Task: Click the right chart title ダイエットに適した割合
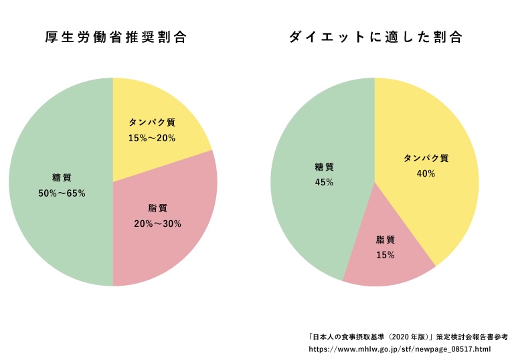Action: [x=375, y=37]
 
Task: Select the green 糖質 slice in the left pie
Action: [x=60, y=221]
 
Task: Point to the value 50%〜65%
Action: [x=62, y=193]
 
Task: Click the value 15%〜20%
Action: [x=151, y=138]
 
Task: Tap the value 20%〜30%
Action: [x=157, y=223]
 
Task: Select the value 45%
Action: [x=324, y=182]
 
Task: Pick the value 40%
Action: [x=426, y=173]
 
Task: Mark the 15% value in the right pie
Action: [x=385, y=255]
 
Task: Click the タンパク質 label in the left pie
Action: [x=151, y=122]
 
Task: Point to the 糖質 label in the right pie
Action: [x=324, y=167]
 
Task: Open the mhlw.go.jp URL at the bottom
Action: [x=400, y=349]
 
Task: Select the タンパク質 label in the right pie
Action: [x=426, y=159]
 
